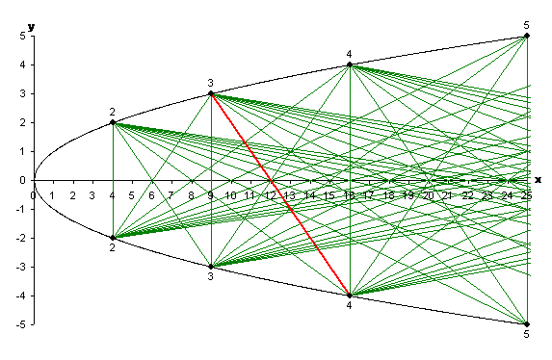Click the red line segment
point(279,194)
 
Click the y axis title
point(31,26)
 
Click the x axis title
point(538,179)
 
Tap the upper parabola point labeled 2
point(113,122)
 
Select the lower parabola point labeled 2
point(113,237)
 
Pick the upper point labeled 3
point(211,93)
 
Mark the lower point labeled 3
point(211,266)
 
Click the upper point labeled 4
point(350,64)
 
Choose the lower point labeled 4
point(350,296)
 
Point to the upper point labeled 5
point(527,36)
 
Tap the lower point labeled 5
point(527,324)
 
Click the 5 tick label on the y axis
point(20,37)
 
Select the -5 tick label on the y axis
point(18,324)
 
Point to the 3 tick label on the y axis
point(20,94)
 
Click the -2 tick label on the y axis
point(18,238)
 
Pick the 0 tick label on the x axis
point(33,195)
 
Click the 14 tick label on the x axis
point(309,195)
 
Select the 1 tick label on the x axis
point(53,195)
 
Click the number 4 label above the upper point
point(350,54)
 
